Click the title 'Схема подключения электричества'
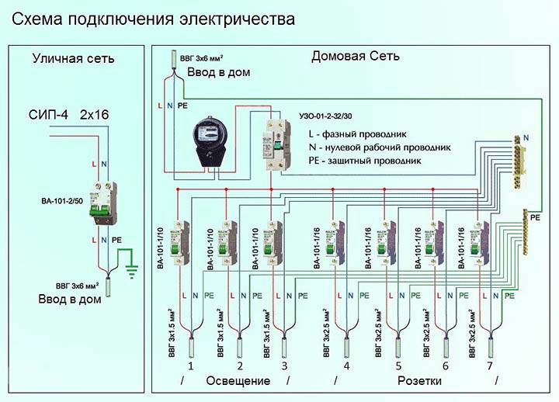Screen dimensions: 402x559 [148, 18]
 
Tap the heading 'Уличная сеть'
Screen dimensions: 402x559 [73, 58]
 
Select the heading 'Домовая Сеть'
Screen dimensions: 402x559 [356, 56]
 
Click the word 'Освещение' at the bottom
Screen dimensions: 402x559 [238, 381]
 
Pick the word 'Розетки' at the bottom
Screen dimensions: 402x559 [419, 381]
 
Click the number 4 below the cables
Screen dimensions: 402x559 [346, 366]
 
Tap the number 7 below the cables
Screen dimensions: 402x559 [490, 366]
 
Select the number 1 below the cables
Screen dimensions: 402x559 [190, 366]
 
